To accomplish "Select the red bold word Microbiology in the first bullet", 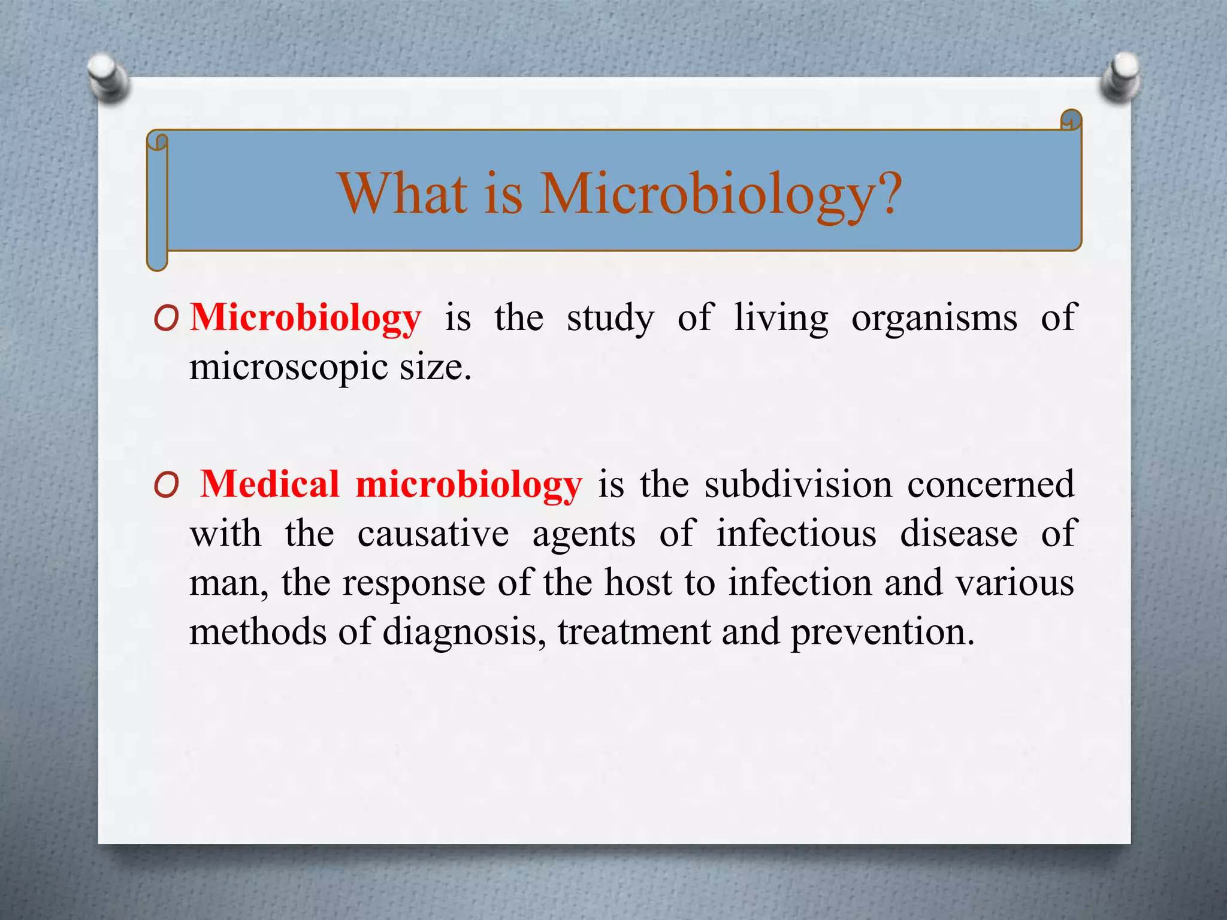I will click(306, 317).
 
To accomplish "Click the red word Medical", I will click(270, 484).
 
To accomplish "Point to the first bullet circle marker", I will click(166, 319).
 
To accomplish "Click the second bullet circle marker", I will click(166, 486).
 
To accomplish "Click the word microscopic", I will click(288, 367).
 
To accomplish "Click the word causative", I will click(433, 533).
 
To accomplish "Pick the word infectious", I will click(796, 533).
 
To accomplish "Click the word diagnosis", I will click(461, 632).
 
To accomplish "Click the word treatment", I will click(634, 632).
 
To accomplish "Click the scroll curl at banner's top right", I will click(1071, 120).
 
